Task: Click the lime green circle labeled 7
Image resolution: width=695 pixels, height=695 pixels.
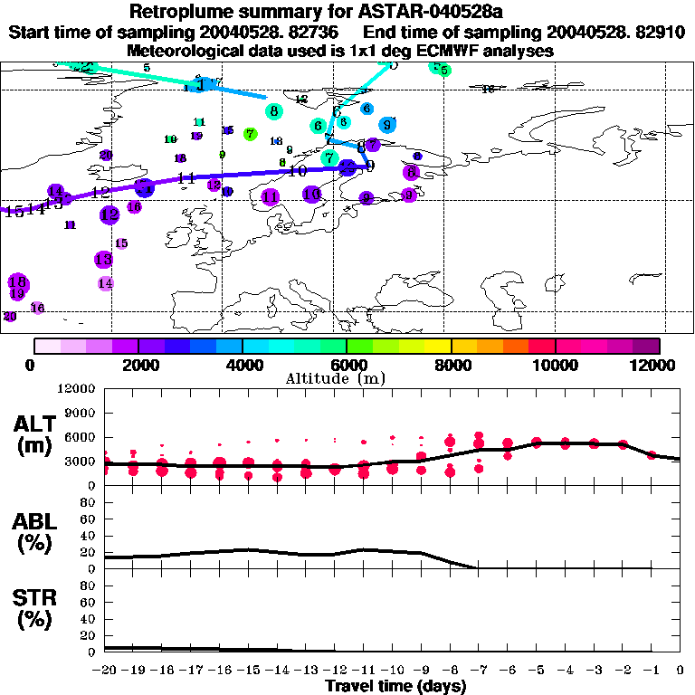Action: [x=250, y=134]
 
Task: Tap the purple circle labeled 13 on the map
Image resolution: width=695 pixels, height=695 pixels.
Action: [x=102, y=260]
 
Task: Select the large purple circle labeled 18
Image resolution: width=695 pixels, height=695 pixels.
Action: [x=16, y=281]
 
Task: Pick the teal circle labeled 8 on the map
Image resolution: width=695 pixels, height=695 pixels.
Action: [x=273, y=111]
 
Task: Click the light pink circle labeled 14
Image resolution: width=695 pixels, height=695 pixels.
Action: [x=105, y=283]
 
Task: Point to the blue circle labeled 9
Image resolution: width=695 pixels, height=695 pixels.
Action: [x=387, y=125]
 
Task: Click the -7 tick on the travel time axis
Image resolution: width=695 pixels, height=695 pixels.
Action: [x=478, y=671]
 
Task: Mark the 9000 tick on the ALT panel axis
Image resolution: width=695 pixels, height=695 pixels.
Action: [x=81, y=413]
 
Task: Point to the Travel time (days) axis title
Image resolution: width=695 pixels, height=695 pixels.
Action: [x=395, y=686]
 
